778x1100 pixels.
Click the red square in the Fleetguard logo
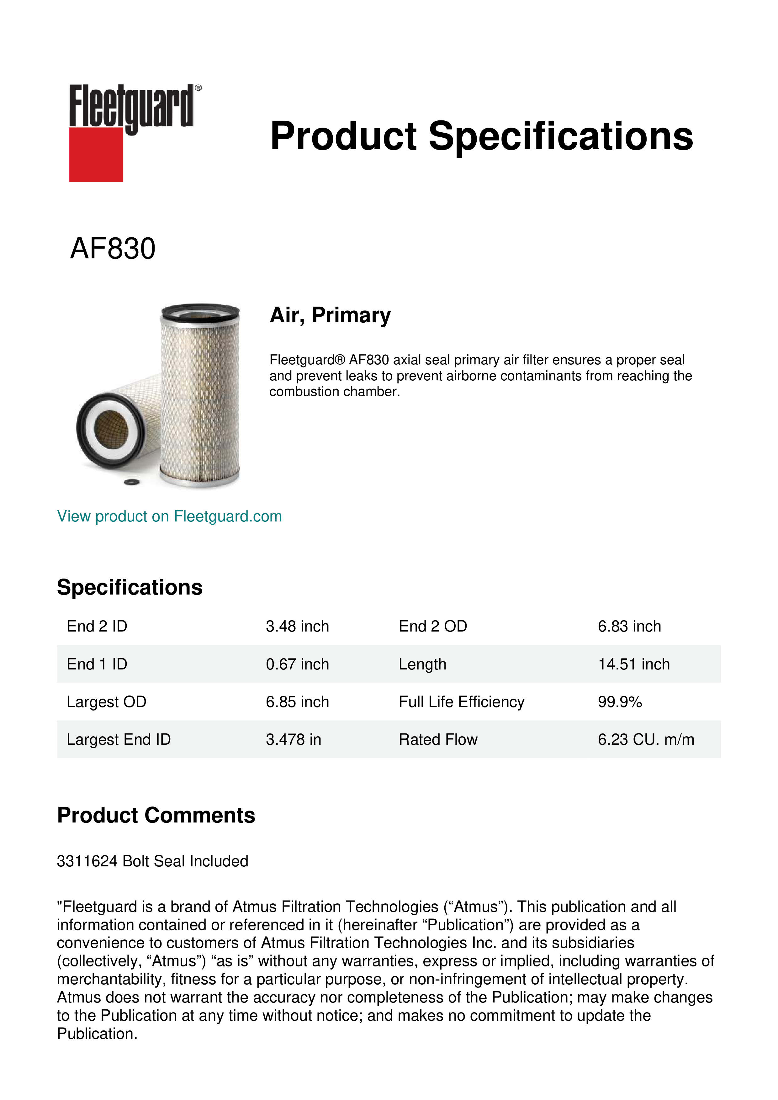[96, 154]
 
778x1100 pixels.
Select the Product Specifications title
[481, 136]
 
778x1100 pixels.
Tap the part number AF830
[113, 249]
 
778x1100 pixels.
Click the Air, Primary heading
[330, 315]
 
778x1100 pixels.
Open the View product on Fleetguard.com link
[169, 516]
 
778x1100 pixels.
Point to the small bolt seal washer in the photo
[131, 482]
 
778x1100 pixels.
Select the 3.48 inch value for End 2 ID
[297, 626]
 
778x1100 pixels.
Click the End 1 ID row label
[97, 664]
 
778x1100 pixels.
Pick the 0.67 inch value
[297, 664]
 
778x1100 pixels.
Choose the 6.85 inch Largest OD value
[297, 702]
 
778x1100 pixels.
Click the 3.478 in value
[293, 740]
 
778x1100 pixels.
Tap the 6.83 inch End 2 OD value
[629, 626]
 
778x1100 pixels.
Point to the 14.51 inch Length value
[633, 664]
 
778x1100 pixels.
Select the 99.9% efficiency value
[619, 702]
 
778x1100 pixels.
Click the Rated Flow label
[438, 740]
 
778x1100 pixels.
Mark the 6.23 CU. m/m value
[646, 740]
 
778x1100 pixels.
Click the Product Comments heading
[156, 815]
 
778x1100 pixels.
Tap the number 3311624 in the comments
[87, 861]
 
